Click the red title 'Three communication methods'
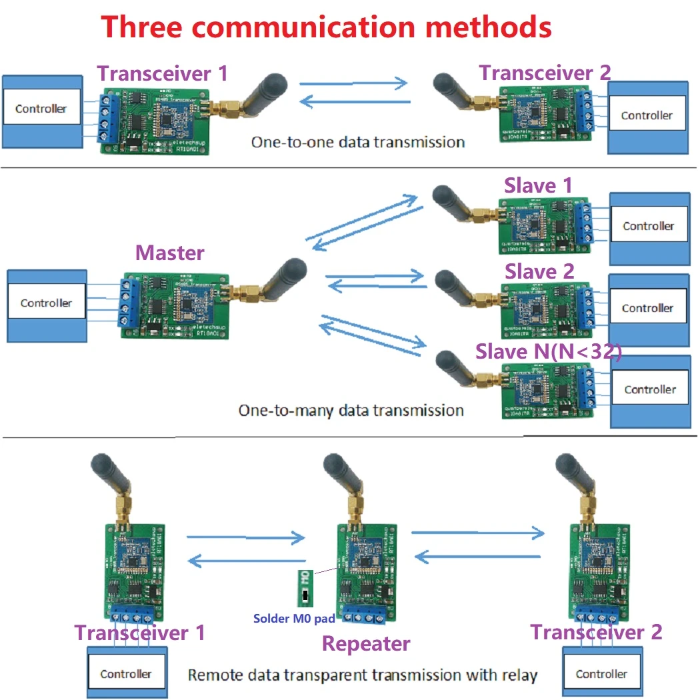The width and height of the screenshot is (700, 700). coord(326,27)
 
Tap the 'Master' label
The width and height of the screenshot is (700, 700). coord(169,253)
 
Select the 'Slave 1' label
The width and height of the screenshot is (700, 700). coord(538,185)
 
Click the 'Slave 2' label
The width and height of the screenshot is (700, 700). coord(539,271)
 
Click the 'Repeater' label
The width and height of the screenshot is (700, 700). coord(366,643)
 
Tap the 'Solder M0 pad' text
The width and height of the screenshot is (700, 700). coord(293,619)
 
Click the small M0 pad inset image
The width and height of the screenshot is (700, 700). coord(305,587)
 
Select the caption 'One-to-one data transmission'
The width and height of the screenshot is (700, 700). coord(357,142)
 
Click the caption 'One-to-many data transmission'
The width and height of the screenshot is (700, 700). coord(351,410)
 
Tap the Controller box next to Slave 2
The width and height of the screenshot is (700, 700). coord(647,308)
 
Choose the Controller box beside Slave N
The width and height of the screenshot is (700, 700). coord(649,389)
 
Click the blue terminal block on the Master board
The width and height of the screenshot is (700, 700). coord(126,303)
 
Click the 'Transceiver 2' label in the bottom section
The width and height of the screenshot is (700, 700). coord(596,631)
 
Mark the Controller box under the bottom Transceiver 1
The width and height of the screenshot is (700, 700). coord(125,674)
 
